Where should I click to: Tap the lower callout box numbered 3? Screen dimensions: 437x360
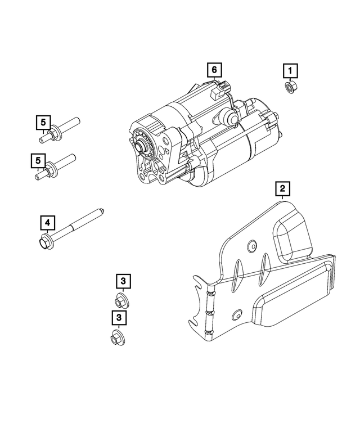119,318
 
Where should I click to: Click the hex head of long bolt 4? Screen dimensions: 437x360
44,244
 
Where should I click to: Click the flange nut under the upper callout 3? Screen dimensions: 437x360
120,300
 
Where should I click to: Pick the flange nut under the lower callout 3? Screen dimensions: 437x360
116,339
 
